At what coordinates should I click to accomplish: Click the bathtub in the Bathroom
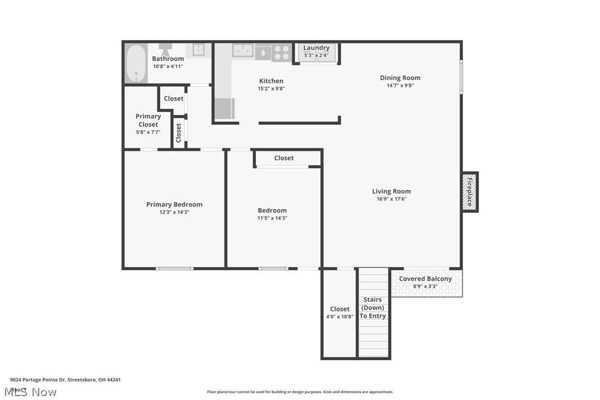pyautogui.click(x=136, y=63)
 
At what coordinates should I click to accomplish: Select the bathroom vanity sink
pyautogui.click(x=198, y=50)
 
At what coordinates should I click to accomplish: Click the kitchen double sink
pyautogui.click(x=243, y=50)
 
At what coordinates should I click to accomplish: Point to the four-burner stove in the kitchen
pyautogui.click(x=281, y=52)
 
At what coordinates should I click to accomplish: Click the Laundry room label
pyautogui.click(x=316, y=48)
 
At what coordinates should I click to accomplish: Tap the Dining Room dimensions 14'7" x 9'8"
pyautogui.click(x=400, y=86)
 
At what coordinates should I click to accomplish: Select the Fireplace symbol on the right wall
pyautogui.click(x=470, y=192)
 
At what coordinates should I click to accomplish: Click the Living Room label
pyautogui.click(x=391, y=191)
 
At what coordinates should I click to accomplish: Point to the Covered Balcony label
pyautogui.click(x=425, y=279)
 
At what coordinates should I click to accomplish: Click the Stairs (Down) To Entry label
pyautogui.click(x=373, y=308)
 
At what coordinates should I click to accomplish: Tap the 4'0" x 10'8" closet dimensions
pyautogui.click(x=339, y=317)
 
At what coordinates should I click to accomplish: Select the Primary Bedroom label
pyautogui.click(x=174, y=204)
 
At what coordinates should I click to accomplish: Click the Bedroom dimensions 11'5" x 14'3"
pyautogui.click(x=272, y=218)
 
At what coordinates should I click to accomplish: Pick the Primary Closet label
pyautogui.click(x=148, y=120)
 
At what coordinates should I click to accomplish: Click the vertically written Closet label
pyautogui.click(x=178, y=133)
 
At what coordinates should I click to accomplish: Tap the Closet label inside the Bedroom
pyautogui.click(x=284, y=158)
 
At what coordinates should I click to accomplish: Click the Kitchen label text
pyautogui.click(x=271, y=81)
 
